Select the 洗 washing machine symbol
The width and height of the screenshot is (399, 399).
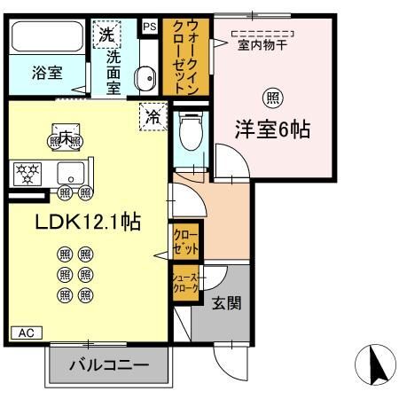click(106, 36)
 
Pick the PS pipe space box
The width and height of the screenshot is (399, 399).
click(149, 27)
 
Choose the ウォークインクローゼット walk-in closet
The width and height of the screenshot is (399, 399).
click(184, 55)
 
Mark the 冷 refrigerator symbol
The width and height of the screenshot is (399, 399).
click(153, 116)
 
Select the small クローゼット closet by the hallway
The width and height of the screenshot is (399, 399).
click(186, 239)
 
